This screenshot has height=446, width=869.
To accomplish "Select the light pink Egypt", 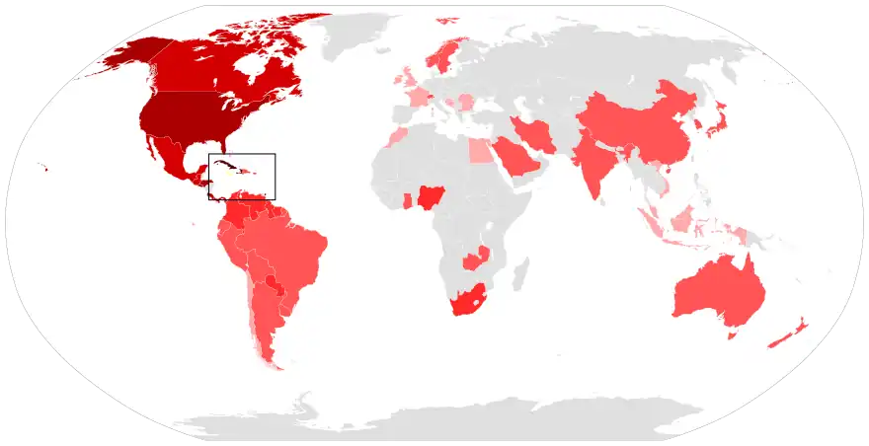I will click(x=479, y=151).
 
